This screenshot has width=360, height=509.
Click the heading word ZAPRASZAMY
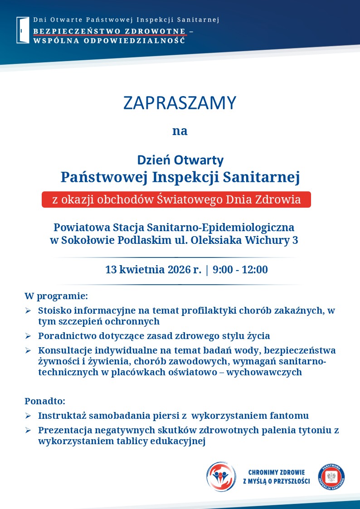click(180, 103)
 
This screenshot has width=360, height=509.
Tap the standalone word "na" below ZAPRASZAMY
click(180, 131)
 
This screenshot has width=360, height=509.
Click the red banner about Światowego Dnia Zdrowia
click(176, 199)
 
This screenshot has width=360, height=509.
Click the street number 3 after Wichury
click(295, 240)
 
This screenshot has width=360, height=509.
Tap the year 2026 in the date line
click(179, 270)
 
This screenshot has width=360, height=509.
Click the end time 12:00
click(255, 270)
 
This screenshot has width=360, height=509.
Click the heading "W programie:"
click(56, 296)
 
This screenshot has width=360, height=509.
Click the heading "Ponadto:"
click(45, 401)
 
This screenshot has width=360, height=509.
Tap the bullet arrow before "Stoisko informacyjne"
click(28, 311)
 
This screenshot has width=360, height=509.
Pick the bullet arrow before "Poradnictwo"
click(28, 336)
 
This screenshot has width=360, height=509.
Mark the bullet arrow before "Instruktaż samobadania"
click(28, 416)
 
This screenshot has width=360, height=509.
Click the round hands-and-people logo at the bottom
click(221, 476)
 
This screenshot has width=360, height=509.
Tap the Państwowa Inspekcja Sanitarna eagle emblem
click(331, 477)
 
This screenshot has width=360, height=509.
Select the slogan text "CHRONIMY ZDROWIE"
click(277, 472)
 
